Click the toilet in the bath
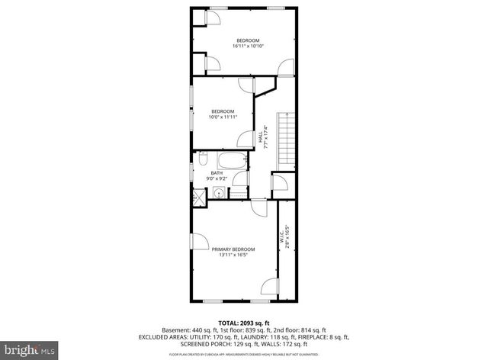(x=203, y=160)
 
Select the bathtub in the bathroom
(x=233, y=162)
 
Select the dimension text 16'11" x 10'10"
(x=247, y=47)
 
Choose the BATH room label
(x=217, y=172)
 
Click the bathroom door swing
(x=240, y=179)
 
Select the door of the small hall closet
(x=279, y=182)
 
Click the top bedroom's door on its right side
(x=284, y=68)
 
